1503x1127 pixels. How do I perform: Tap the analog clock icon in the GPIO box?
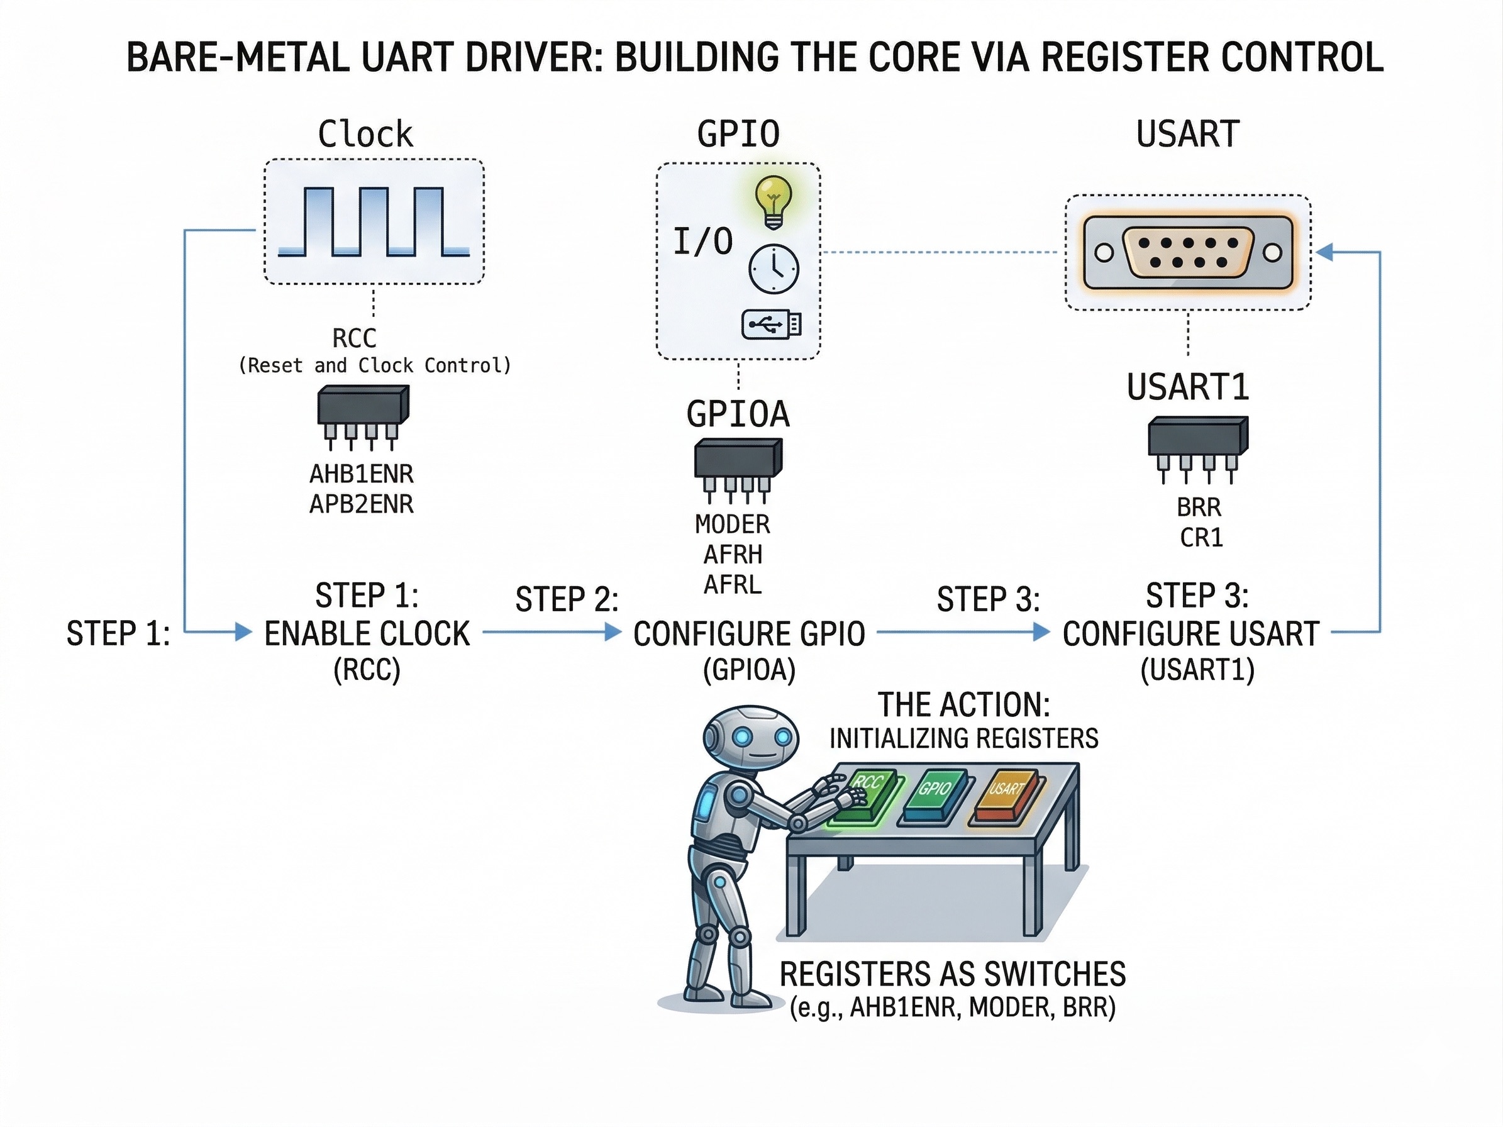(774, 269)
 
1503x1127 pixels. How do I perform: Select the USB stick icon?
(771, 325)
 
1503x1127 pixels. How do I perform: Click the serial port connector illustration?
(1188, 253)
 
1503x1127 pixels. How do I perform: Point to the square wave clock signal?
(374, 222)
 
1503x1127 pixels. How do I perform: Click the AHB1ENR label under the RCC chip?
(362, 474)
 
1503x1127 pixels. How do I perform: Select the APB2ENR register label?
(362, 504)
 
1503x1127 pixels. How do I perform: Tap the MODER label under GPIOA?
(733, 525)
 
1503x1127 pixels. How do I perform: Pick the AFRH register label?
(733, 555)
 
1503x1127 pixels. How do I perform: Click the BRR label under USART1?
(1199, 508)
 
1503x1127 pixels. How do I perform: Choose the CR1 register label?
(1201, 538)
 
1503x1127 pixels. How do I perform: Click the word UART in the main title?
(407, 57)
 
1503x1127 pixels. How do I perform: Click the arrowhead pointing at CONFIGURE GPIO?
(613, 633)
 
